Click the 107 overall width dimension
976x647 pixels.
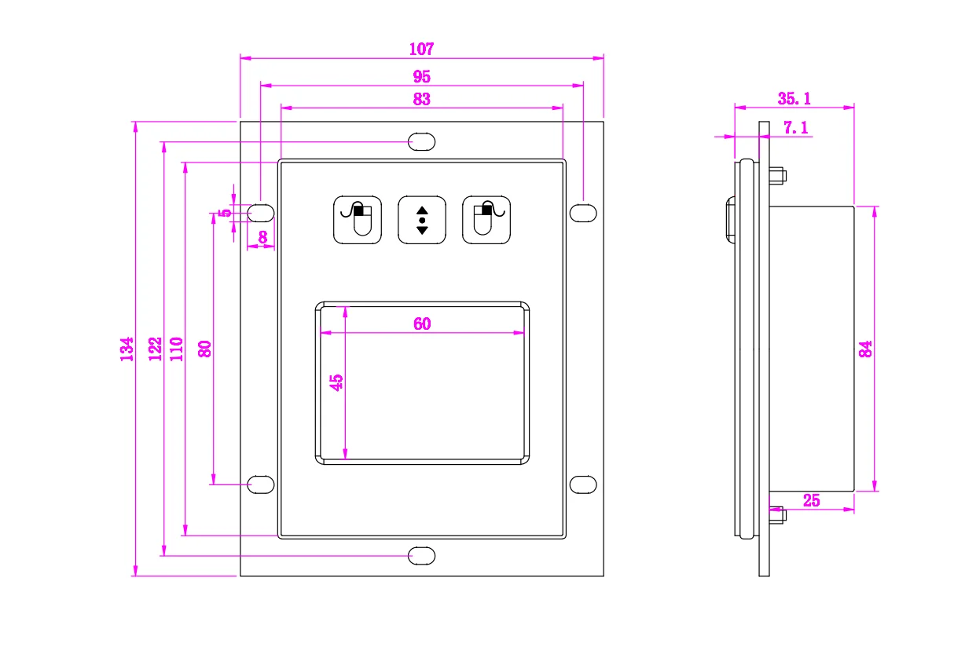[x=421, y=49]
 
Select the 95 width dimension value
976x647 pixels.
[x=421, y=76]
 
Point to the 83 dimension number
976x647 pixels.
[x=421, y=99]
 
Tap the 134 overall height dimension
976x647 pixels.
[x=127, y=349]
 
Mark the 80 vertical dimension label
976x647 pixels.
[x=204, y=348]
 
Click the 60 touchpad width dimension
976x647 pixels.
[x=422, y=323]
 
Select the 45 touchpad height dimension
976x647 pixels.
[x=336, y=382]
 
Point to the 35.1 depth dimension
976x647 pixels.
[x=794, y=98]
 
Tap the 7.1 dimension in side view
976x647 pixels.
[x=795, y=127]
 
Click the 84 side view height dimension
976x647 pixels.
[x=865, y=349]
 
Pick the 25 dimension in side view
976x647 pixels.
[x=811, y=500]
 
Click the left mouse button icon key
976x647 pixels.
[x=358, y=219]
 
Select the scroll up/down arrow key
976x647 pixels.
[x=422, y=219]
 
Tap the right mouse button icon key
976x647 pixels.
[x=486, y=219]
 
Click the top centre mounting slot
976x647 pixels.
[x=421, y=141]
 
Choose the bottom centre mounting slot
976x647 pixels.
[x=421, y=556]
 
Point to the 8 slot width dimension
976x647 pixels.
[x=262, y=236]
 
